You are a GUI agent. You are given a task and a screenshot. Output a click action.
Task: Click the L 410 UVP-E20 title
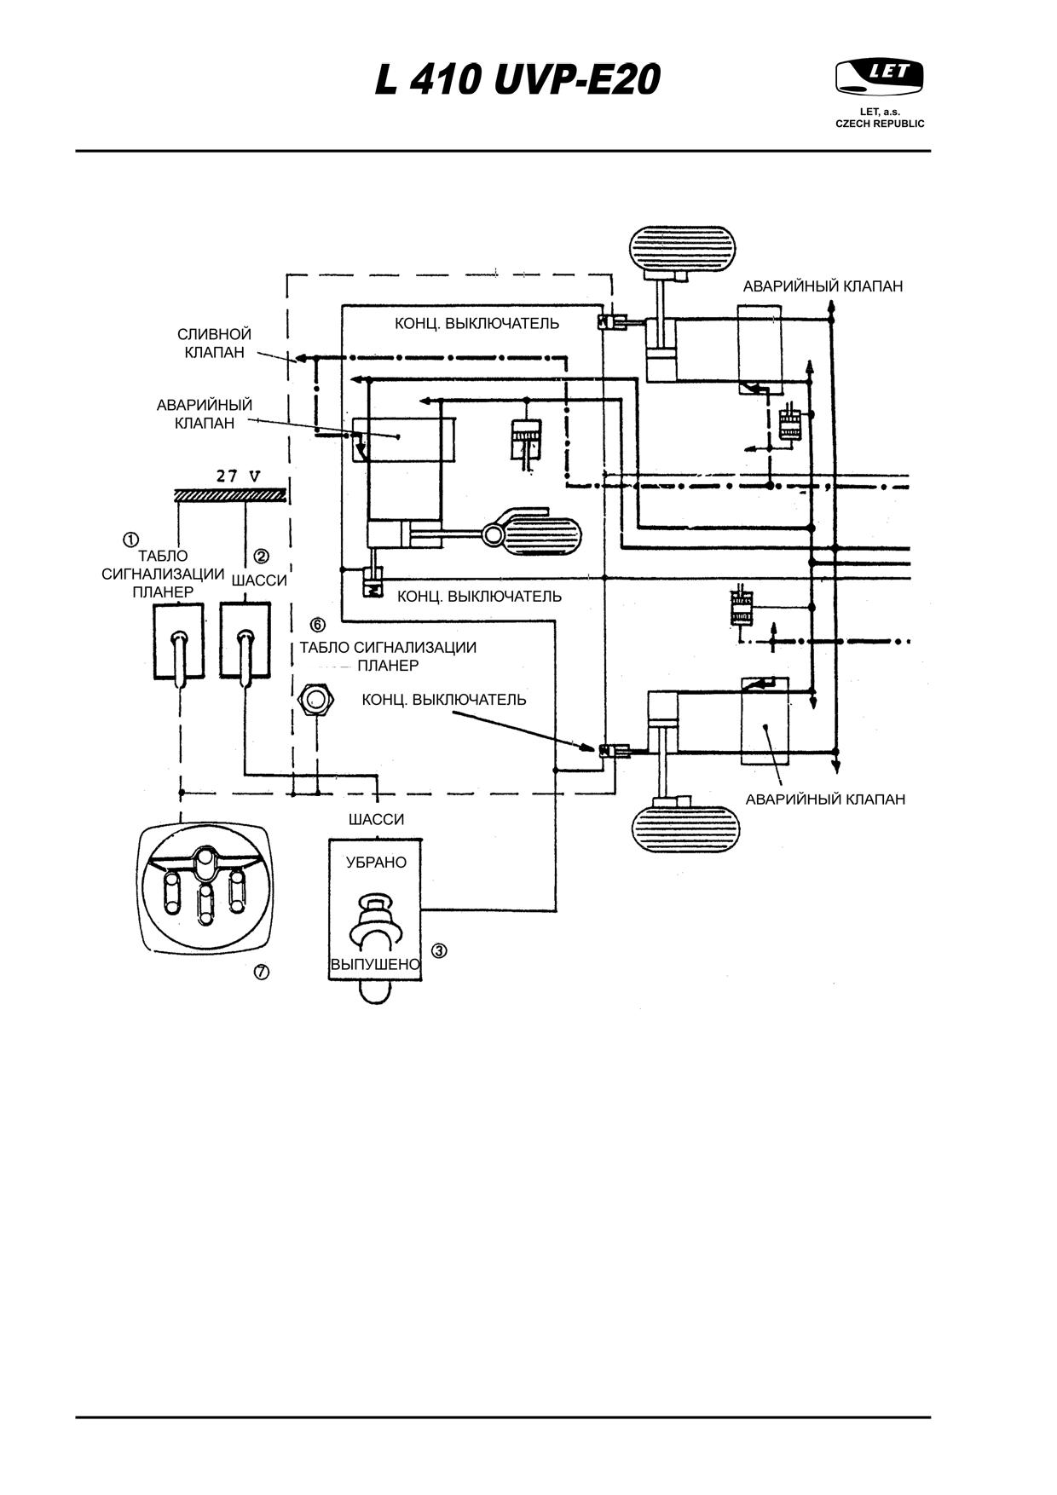(x=518, y=81)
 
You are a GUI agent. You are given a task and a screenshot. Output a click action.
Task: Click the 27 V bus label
(x=238, y=476)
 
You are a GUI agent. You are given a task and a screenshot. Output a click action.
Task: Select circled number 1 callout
(x=130, y=540)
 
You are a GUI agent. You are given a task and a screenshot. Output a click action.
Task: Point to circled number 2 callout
(x=262, y=557)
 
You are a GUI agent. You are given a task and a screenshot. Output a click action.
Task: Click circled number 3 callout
(x=439, y=950)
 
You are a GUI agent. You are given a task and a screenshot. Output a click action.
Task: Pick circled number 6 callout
(x=318, y=625)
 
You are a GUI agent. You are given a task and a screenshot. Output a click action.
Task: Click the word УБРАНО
(x=376, y=863)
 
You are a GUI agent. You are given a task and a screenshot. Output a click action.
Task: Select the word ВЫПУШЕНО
(x=375, y=965)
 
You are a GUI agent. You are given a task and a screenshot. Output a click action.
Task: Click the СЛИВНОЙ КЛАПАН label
(x=215, y=343)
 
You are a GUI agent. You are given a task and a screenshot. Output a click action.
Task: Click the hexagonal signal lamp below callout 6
(x=315, y=701)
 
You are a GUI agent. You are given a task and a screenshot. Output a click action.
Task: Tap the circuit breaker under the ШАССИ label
(x=245, y=641)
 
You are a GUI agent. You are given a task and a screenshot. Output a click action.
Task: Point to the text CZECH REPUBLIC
(x=880, y=124)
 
